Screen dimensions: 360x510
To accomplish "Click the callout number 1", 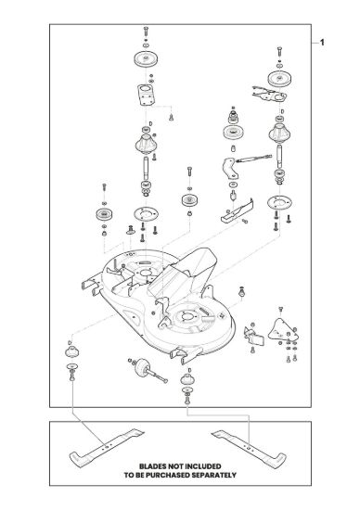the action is click(322, 43).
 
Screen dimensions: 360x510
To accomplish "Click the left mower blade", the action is click(106, 448).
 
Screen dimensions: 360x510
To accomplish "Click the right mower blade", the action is click(249, 449).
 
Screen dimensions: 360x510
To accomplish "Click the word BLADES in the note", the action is click(155, 466).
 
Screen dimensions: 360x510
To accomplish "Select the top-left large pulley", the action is click(146, 59).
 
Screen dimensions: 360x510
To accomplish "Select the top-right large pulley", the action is click(279, 79).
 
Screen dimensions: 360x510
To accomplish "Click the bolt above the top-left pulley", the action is click(146, 32).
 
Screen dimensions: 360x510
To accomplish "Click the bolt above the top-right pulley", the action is click(279, 52).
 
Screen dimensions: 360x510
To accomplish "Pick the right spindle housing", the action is click(279, 132).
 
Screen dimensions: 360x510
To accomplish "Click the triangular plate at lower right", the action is click(281, 330).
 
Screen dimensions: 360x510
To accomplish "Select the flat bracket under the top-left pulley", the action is click(147, 95).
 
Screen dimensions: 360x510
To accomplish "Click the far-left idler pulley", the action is click(104, 214).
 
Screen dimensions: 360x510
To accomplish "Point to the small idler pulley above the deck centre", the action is click(190, 199).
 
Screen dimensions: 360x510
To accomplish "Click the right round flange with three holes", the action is click(279, 203).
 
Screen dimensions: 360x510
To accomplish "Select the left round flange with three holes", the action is click(146, 214).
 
